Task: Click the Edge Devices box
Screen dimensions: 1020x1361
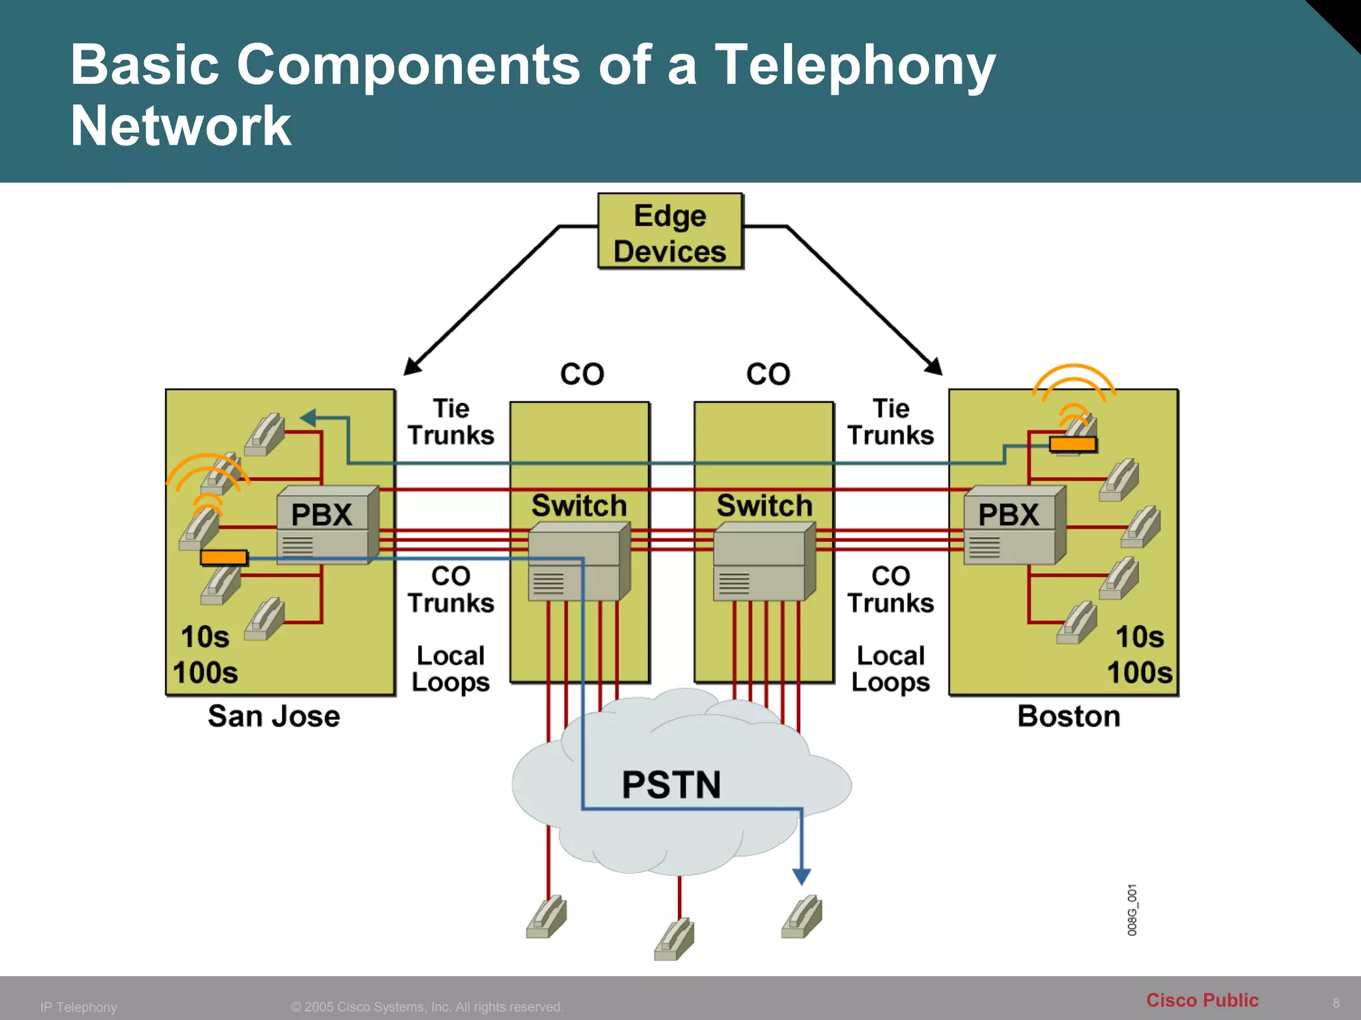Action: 670,231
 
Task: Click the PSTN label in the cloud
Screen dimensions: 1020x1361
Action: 671,784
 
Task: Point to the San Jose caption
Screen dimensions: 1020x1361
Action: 274,717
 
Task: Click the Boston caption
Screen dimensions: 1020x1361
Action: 1069,717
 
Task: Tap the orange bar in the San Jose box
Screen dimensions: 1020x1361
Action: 224,558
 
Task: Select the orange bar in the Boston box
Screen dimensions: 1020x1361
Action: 1073,444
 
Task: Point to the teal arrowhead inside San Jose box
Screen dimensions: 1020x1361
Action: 308,418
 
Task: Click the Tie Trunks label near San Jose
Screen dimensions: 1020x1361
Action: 451,422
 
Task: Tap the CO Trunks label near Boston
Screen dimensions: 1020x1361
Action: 890,590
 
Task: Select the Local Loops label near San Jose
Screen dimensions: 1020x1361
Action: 451,669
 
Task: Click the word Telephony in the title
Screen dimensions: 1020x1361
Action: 855,65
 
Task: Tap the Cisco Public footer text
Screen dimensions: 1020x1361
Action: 1202,1000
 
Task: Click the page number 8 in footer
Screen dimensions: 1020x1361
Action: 1336,1003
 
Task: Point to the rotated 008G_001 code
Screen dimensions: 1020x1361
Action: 1132,910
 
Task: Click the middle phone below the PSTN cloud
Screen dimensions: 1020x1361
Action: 675,939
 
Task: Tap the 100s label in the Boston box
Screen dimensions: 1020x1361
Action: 1140,672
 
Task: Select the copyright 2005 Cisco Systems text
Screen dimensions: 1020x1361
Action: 427,1007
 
